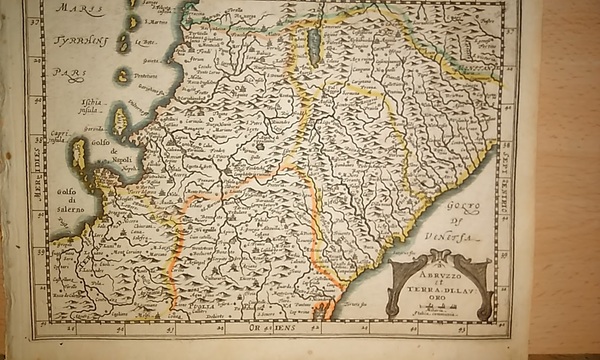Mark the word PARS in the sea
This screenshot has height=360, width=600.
[67, 73]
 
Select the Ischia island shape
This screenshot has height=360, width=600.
[118, 120]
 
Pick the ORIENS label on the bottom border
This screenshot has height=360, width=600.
[264, 325]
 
